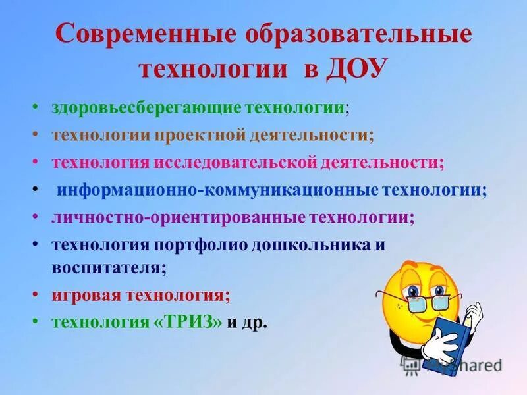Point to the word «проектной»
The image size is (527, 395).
[202, 134]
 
